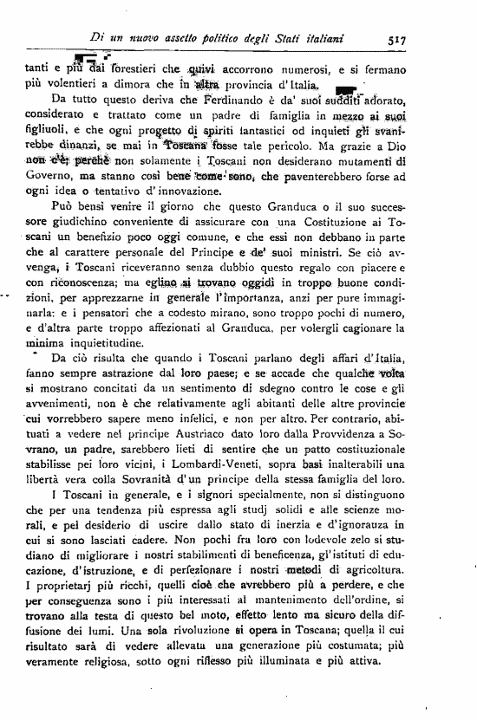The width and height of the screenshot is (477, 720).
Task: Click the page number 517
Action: pyautogui.click(x=399, y=39)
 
